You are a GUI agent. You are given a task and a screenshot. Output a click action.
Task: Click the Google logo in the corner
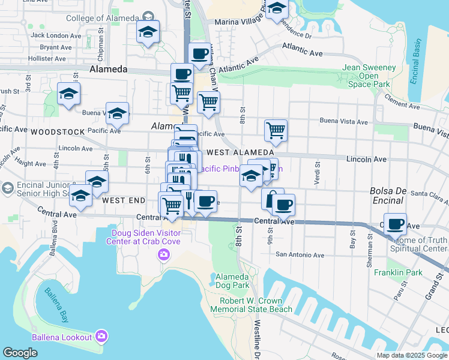(x=20, y=353)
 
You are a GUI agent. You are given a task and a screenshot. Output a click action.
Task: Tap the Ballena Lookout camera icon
(x=101, y=335)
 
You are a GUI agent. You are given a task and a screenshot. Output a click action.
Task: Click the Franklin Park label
(x=391, y=272)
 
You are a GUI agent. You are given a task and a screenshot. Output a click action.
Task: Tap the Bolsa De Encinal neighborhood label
(x=390, y=196)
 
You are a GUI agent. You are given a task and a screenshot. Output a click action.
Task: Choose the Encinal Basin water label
(x=417, y=62)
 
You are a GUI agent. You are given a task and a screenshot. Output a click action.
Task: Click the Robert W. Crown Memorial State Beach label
(x=256, y=305)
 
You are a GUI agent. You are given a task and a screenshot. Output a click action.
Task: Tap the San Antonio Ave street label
(x=300, y=255)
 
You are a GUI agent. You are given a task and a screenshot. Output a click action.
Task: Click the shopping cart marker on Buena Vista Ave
(x=276, y=130)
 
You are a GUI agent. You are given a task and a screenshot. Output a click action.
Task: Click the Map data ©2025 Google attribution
(x=412, y=355)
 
